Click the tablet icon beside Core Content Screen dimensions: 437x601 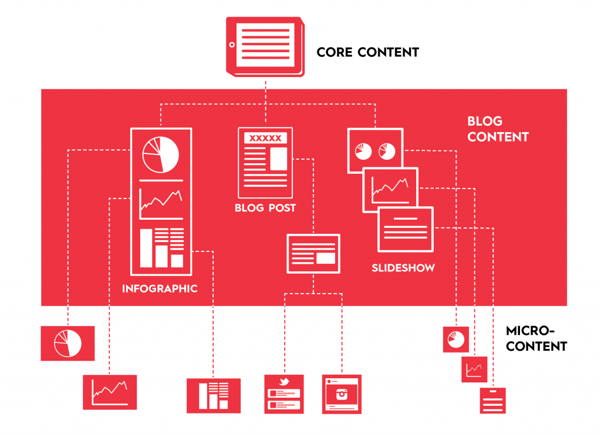point(265,46)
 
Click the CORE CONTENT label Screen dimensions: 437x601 point(367,52)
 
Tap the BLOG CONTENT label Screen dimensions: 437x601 point(498,129)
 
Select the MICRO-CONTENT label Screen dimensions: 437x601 point(536,338)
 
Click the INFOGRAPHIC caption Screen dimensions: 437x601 point(160,289)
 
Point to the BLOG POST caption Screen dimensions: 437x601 point(265,208)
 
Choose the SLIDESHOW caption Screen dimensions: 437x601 point(403,268)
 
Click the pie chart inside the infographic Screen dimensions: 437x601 point(160,154)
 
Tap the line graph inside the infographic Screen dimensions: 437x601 point(160,202)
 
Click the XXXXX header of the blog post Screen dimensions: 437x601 point(265,139)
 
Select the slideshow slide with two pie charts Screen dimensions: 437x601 point(372,151)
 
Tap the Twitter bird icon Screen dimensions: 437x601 point(285,382)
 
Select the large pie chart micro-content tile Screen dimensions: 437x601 point(67,343)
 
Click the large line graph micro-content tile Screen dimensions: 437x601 point(110,392)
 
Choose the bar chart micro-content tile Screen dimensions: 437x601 point(214,395)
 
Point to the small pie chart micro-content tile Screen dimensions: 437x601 point(455,339)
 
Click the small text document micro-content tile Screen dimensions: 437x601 point(492,401)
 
